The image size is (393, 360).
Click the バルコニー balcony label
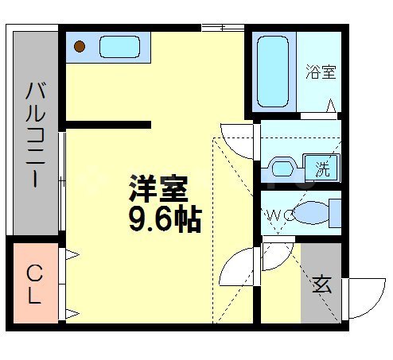pyautogui.click(x=34, y=133)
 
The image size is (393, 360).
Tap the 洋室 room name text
pyautogui.click(x=158, y=189)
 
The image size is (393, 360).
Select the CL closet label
pyautogui.click(x=34, y=285)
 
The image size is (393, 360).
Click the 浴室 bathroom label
pyautogui.click(x=321, y=72)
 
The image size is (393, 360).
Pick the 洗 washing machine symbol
pyautogui.click(x=325, y=168)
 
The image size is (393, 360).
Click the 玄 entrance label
pyautogui.click(x=321, y=285)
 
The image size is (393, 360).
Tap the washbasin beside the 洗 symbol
pyautogui.click(x=285, y=168)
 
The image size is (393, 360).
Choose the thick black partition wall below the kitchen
pyautogui.click(x=108, y=124)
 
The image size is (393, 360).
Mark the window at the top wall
pyautogui.click(x=223, y=29)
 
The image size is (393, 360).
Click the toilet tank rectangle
pyautogui.click(x=336, y=213)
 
